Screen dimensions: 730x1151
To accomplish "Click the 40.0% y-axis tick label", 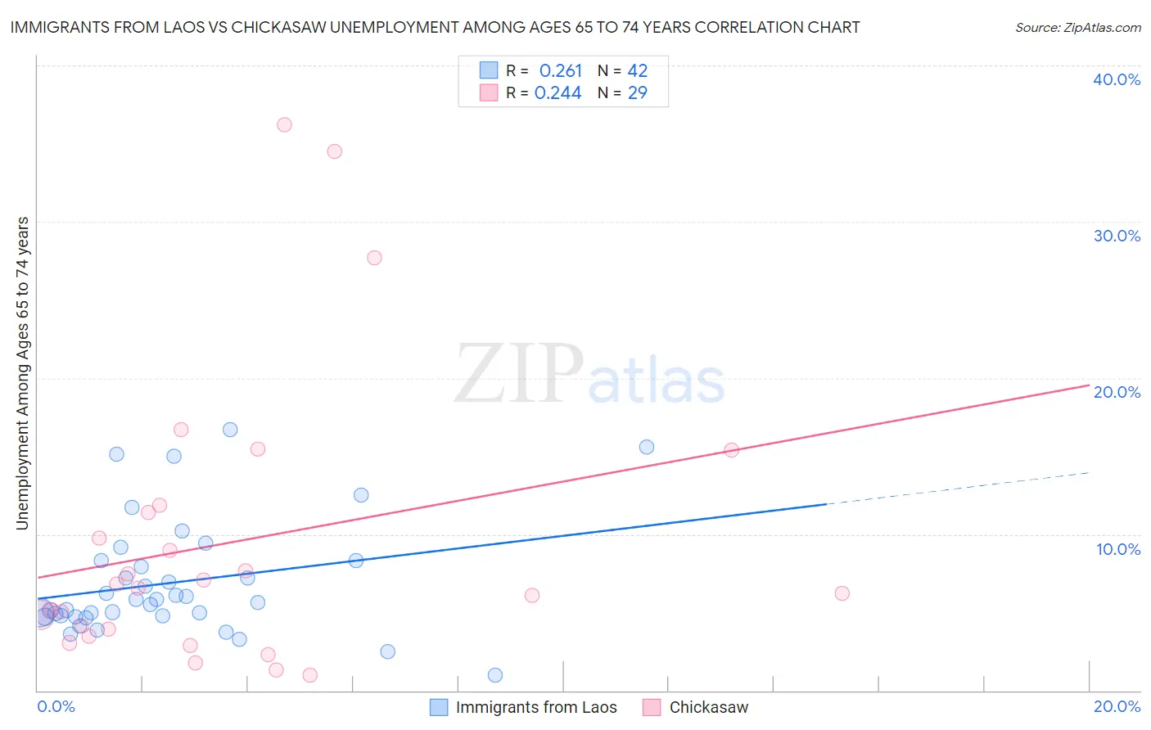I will (1117, 79).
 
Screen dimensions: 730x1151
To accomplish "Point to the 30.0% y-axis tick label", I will (1117, 236).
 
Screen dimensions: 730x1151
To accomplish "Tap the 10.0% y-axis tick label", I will (1118, 549).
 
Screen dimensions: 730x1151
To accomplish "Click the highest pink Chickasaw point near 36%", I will (284, 125).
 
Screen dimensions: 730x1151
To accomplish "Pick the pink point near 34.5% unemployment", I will (334, 151).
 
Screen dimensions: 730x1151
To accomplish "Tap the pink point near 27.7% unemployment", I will (374, 258).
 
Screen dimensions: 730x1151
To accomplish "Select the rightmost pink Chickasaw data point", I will (842, 593).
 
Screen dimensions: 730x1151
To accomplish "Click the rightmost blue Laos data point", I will (647, 447).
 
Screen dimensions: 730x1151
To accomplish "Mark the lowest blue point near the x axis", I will (495, 675).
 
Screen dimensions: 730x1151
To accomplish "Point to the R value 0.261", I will (560, 71).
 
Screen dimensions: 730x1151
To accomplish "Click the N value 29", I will (637, 93).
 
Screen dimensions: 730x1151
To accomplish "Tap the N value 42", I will (637, 71).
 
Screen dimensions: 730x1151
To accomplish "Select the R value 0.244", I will (557, 93).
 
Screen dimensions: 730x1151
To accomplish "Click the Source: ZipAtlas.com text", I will (1077, 28).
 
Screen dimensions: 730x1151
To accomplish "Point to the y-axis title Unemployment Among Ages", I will (23, 372).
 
